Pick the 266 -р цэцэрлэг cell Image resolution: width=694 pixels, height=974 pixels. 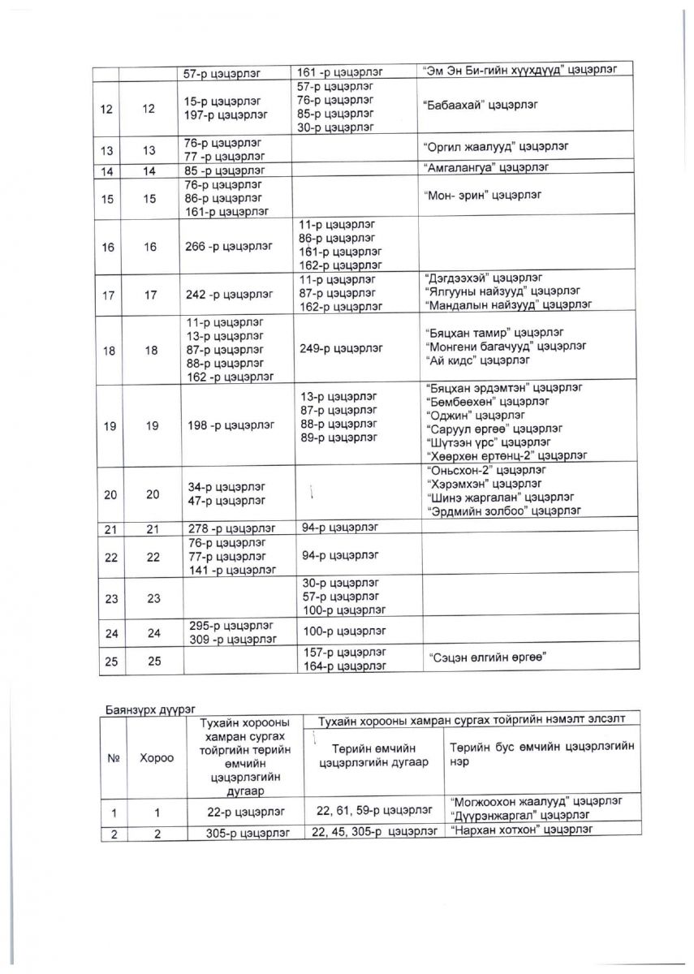tap(230, 246)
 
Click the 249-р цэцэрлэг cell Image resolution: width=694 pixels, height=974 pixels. tap(340, 349)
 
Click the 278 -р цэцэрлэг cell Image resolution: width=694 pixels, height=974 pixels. tap(230, 528)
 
